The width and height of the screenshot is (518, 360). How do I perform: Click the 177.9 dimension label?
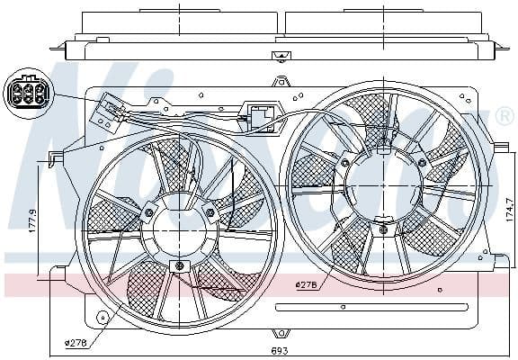pyautogui.click(x=32, y=220)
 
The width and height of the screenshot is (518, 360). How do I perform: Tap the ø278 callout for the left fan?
pyautogui.click(x=76, y=342)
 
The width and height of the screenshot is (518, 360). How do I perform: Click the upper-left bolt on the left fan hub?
pyautogui.click(x=149, y=213)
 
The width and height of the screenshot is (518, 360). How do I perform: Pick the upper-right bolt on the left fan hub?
pyautogui.click(x=210, y=212)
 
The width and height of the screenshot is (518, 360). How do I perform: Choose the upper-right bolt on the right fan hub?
pyautogui.click(x=421, y=163)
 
